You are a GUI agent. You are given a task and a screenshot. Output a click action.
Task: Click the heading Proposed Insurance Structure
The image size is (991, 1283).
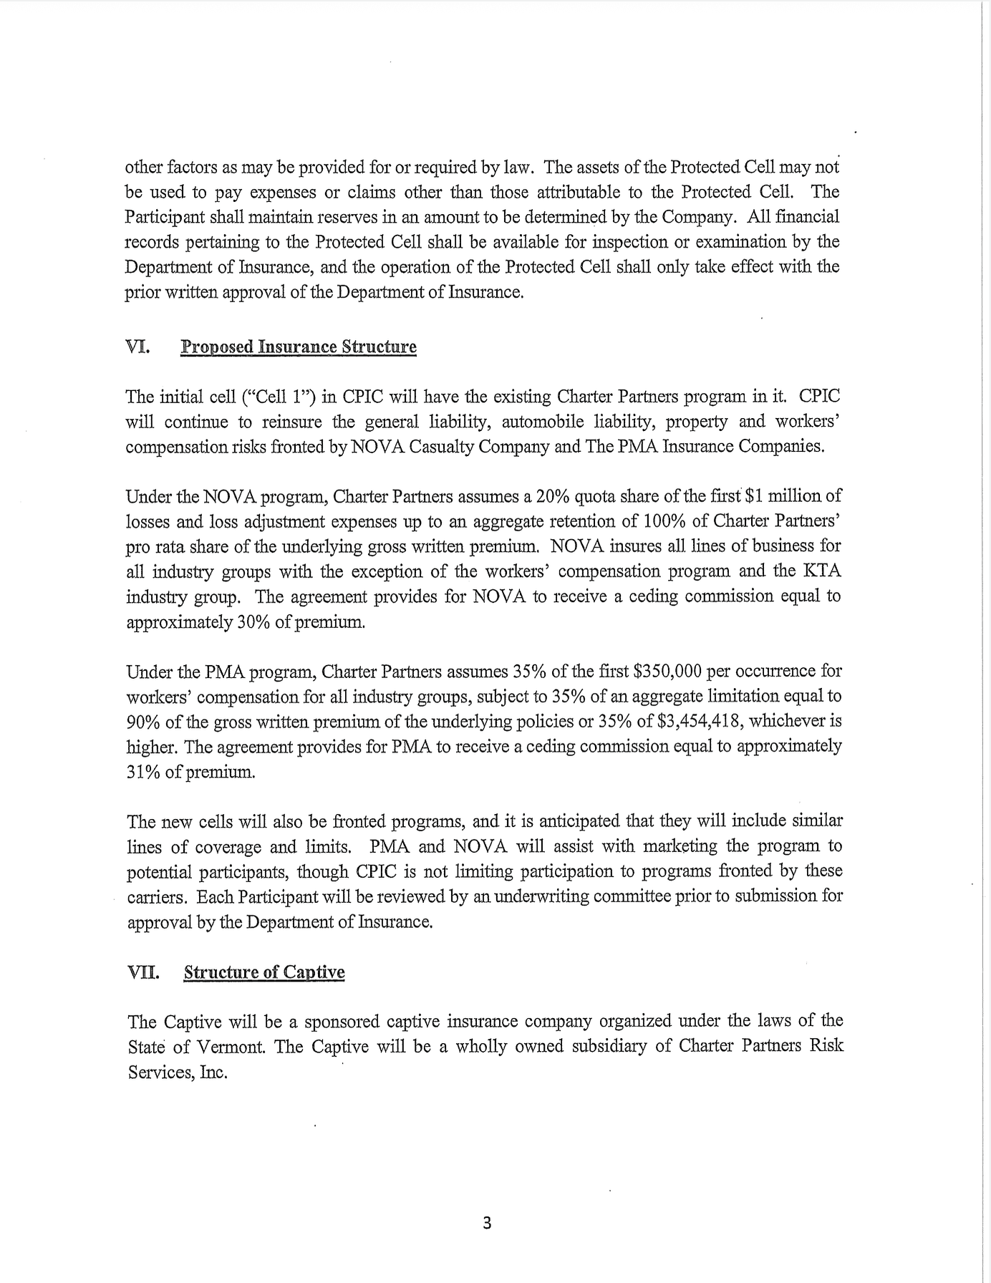(298, 347)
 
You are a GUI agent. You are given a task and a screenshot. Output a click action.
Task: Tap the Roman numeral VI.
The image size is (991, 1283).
(137, 347)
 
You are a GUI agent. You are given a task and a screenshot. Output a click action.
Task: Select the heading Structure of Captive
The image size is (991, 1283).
(264, 972)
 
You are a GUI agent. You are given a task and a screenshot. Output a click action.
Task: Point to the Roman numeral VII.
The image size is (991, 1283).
(142, 972)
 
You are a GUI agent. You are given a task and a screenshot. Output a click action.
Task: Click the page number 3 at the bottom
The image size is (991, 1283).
(487, 1224)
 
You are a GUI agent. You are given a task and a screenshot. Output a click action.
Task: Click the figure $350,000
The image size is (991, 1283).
(668, 672)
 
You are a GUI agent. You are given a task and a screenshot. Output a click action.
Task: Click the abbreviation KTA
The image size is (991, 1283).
(822, 571)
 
